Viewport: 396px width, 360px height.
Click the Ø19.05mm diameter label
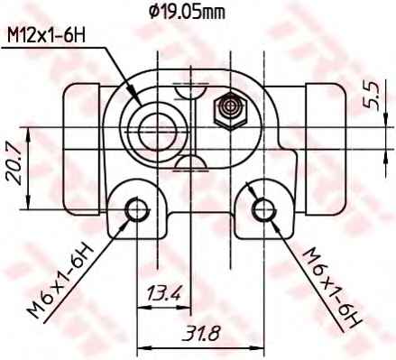click(x=187, y=12)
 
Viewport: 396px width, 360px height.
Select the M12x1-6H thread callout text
click(x=46, y=36)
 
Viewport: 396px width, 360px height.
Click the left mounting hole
click(x=137, y=210)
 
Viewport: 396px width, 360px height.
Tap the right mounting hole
click(x=263, y=210)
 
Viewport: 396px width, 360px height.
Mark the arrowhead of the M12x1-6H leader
click(x=136, y=97)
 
